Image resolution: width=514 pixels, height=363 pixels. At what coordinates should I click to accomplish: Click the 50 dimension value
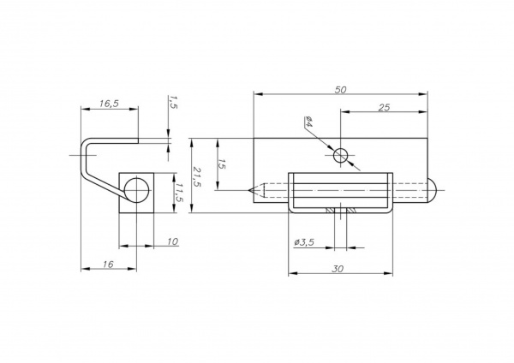(341, 89)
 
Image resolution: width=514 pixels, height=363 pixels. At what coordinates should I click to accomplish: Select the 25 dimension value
(384, 108)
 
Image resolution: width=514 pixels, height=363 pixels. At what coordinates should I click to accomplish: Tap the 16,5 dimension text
(109, 104)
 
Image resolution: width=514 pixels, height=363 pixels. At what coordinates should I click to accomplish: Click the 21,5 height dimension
(197, 177)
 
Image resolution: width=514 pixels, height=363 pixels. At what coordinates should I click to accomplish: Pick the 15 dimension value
(222, 164)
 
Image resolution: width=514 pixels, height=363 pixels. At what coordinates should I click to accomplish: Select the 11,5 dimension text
(179, 193)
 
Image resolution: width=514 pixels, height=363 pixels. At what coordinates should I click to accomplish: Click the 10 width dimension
(172, 241)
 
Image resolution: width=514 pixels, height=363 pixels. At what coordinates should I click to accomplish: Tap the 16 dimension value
(108, 264)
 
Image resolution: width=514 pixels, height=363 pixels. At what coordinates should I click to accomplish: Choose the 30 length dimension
(338, 269)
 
